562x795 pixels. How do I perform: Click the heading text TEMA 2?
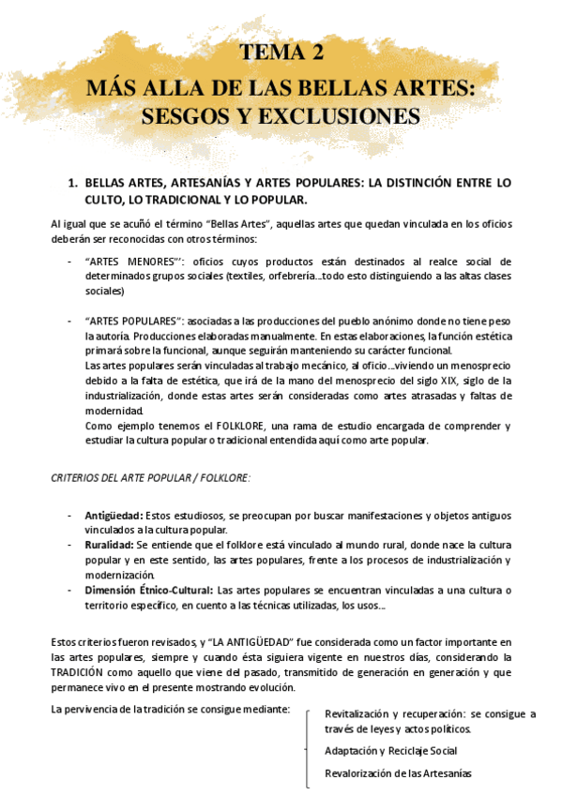[281, 52]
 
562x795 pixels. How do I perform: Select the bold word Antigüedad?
[114, 516]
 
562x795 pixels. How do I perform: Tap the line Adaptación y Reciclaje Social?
[390, 751]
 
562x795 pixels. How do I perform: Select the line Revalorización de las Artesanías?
[398, 773]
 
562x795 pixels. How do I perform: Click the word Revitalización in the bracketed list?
[357, 714]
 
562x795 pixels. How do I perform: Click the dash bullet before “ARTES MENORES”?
[69, 261]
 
